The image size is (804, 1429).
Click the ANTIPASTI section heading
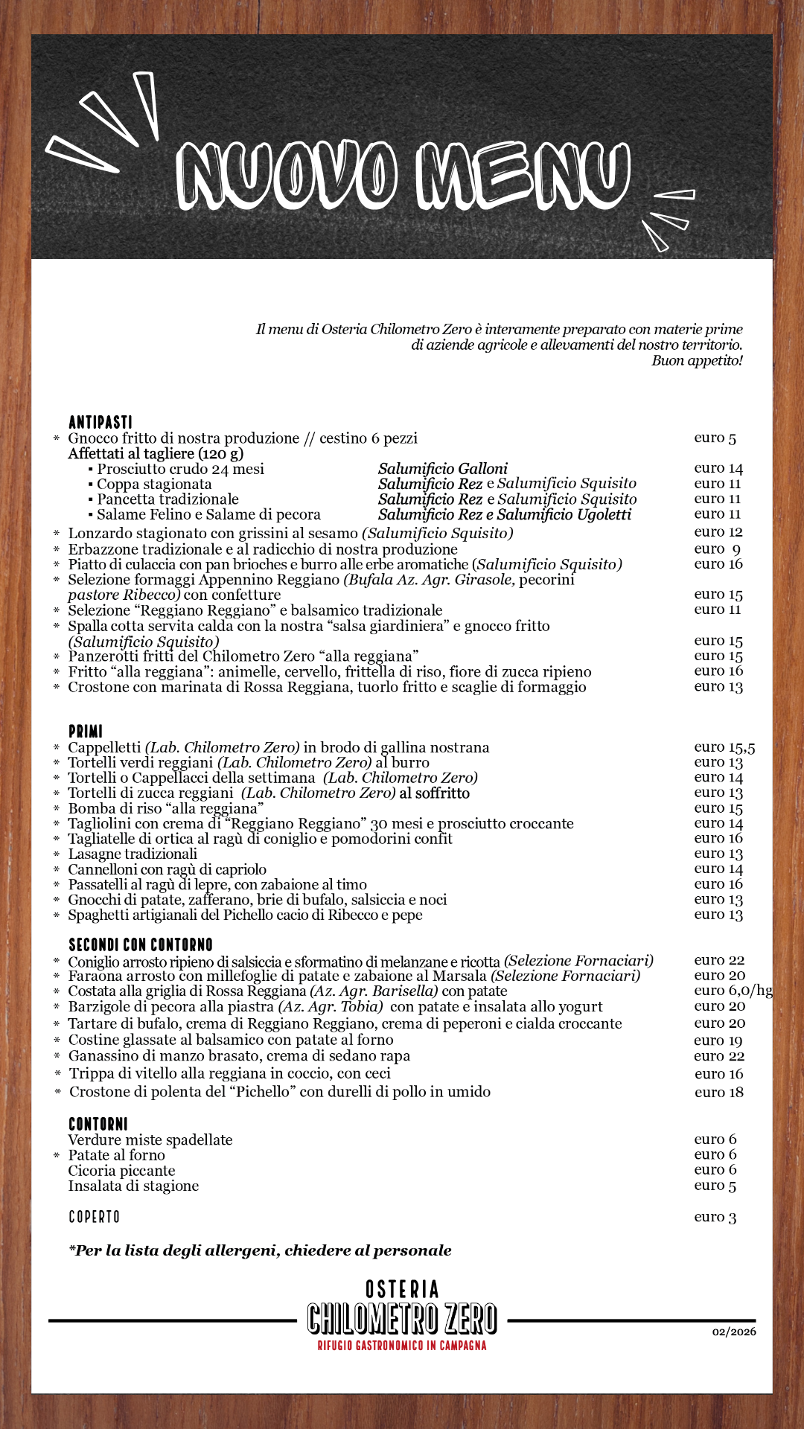pyautogui.click(x=100, y=422)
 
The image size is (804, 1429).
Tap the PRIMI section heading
pyautogui.click(x=86, y=732)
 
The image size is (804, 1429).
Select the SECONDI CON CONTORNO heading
pyautogui.click(x=140, y=944)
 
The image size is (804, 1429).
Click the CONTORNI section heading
pyautogui.click(x=98, y=1124)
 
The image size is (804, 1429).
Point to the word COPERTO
pyautogui.click(x=94, y=1217)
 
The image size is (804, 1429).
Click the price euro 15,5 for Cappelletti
pyautogui.click(x=724, y=747)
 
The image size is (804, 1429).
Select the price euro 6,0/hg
pyautogui.click(x=733, y=991)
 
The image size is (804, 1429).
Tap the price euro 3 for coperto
pyautogui.click(x=715, y=1217)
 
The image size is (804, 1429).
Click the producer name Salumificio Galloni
pyautogui.click(x=443, y=469)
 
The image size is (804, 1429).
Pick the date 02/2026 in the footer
pyautogui.click(x=734, y=1332)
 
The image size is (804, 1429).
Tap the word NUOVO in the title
pyautogui.click(x=287, y=175)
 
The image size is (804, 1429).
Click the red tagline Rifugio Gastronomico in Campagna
pyautogui.click(x=402, y=1346)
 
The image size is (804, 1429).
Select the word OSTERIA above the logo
pyautogui.click(x=402, y=1289)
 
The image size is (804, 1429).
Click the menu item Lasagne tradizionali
pyautogui.click(x=133, y=854)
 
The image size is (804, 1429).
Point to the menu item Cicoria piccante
pyautogui.click(x=121, y=1171)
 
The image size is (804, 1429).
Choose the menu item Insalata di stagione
pyautogui.click(x=133, y=1186)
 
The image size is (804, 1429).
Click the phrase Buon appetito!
pyautogui.click(x=697, y=361)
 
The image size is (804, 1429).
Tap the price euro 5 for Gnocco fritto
pyautogui.click(x=715, y=438)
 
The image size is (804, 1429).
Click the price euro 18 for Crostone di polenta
pyautogui.click(x=719, y=1093)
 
